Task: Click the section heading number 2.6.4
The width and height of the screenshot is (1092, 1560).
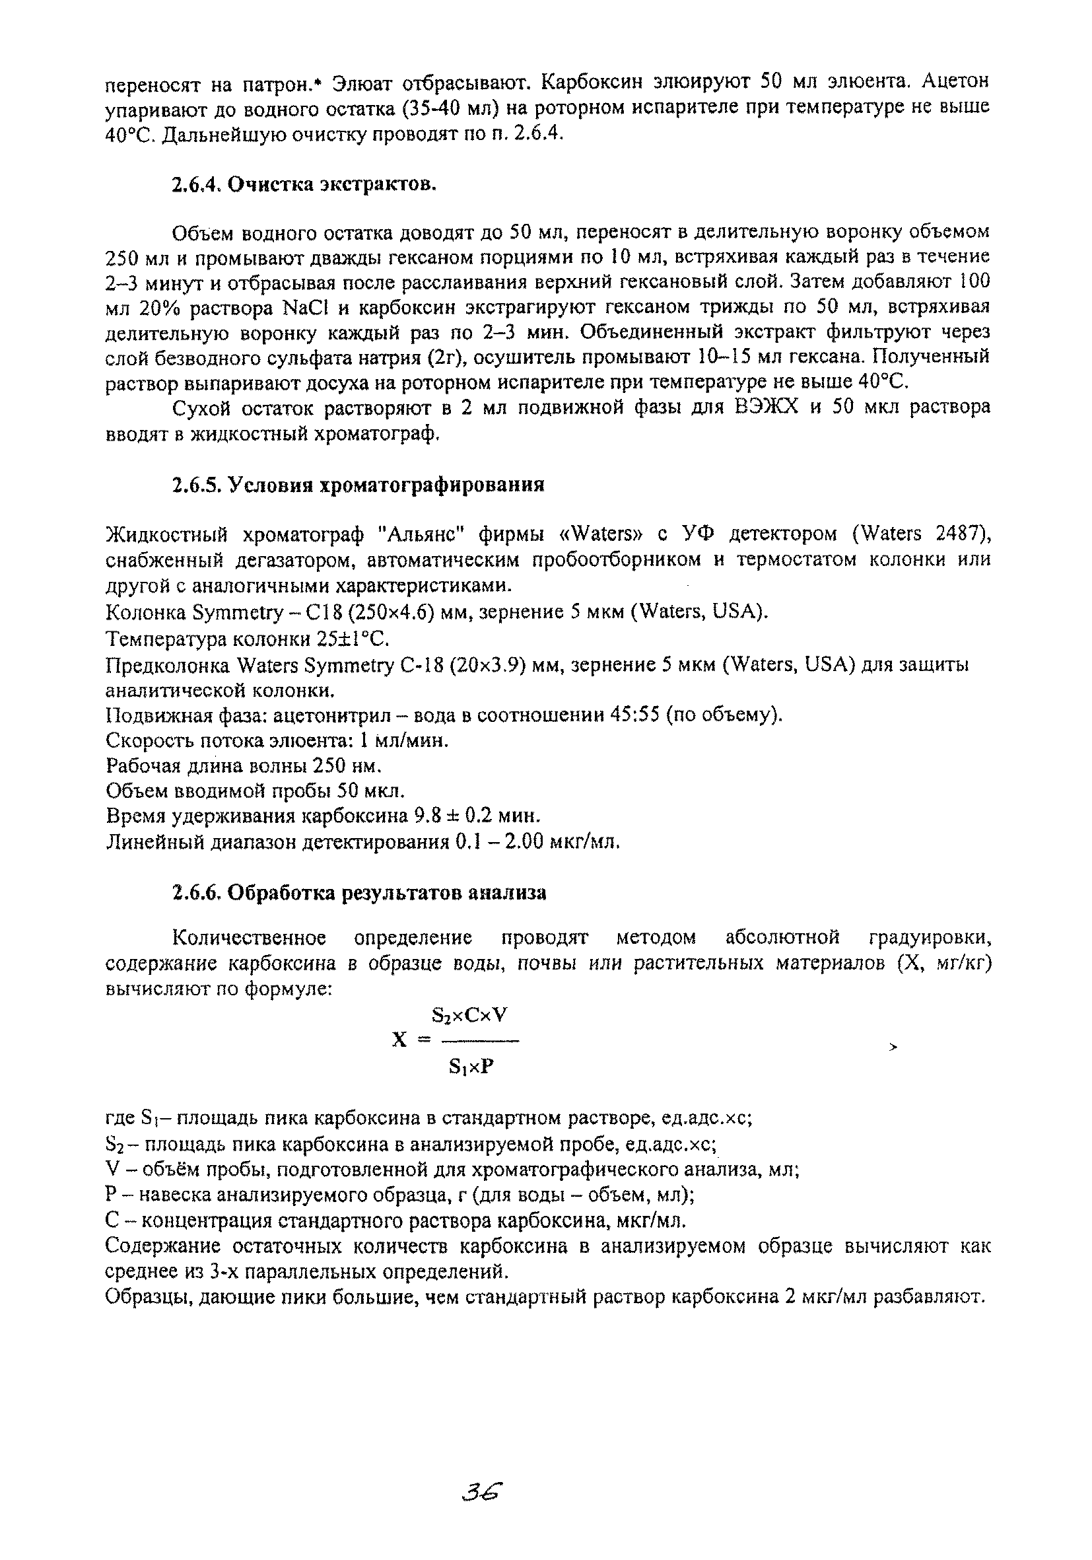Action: [x=197, y=184]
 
